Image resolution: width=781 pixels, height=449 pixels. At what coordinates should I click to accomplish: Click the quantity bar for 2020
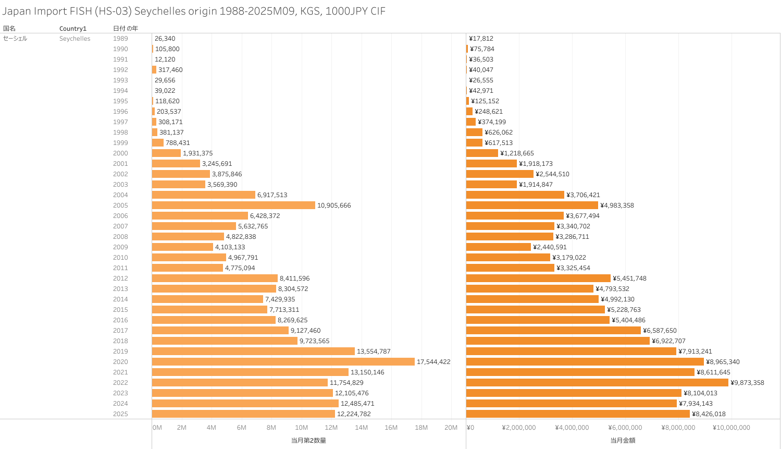pos(283,361)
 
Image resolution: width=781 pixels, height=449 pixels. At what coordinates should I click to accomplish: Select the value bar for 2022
pos(597,382)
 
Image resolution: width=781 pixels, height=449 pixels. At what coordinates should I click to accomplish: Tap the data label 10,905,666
pos(334,205)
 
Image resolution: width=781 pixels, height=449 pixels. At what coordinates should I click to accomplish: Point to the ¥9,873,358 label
pos(747,383)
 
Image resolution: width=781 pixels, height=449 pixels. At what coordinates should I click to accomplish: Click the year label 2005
pos(120,205)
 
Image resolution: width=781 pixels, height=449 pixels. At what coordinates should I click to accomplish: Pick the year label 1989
pos(120,39)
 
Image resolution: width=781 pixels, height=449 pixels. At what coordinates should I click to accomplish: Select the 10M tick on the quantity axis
pos(302,428)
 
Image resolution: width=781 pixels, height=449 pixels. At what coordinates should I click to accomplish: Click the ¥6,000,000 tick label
pos(625,428)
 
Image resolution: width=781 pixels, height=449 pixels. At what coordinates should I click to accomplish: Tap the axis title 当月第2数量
pos(308,441)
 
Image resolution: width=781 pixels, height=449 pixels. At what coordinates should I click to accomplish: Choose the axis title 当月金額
pos(623,441)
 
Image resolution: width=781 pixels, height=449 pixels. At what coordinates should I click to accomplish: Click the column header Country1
pos(73,29)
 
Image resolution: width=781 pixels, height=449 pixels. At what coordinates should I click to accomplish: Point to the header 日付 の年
pos(126,29)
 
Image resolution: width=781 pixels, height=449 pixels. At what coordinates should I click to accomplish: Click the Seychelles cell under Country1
pos(75,39)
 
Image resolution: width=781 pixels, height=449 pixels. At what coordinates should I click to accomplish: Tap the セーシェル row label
pos(15,39)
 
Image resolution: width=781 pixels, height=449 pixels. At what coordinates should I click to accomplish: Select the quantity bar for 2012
pos(215,278)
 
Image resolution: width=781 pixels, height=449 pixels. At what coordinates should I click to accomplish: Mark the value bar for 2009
pos(499,247)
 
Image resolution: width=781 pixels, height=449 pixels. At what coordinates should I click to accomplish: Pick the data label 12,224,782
pos(354,414)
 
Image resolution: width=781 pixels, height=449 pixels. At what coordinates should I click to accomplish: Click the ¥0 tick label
pos(470,428)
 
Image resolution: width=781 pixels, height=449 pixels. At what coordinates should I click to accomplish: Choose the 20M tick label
pos(451,428)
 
